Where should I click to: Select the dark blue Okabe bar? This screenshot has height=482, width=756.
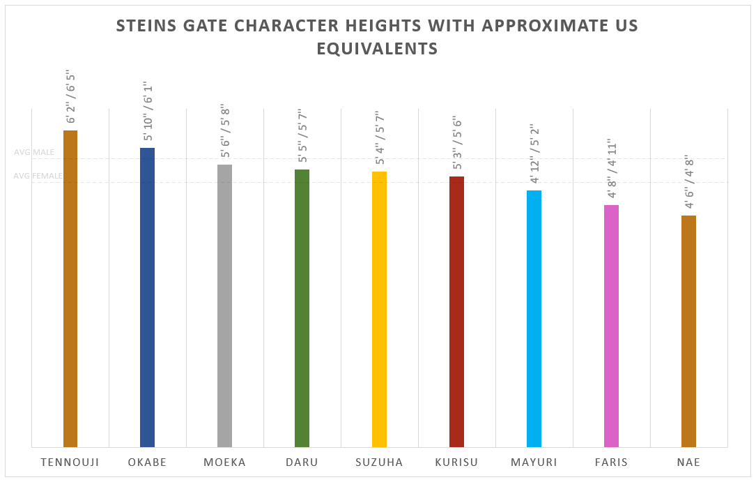point(147,297)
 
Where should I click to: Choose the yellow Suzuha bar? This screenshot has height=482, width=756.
point(379,309)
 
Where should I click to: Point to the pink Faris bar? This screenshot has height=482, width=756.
point(611,326)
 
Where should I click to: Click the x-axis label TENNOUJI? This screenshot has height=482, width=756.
point(70,462)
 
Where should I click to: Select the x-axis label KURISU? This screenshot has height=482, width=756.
point(456,462)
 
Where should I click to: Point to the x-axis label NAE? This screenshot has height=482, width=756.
point(688,462)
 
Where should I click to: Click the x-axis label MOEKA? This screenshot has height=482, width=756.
point(224,462)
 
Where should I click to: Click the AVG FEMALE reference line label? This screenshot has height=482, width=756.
point(38,176)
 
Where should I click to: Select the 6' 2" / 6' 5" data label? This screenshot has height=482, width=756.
point(70,97)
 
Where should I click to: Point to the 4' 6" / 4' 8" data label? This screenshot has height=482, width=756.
point(688,182)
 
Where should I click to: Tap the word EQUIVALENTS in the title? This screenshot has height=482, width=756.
point(377,49)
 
